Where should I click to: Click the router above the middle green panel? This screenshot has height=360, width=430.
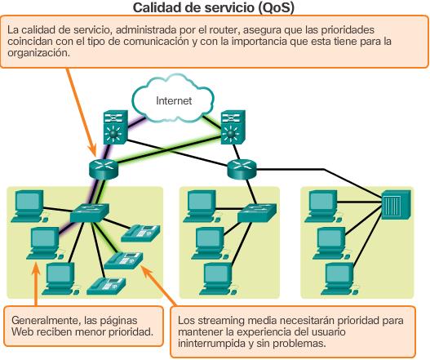241,168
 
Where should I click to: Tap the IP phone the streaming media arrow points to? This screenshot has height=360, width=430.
122,260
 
